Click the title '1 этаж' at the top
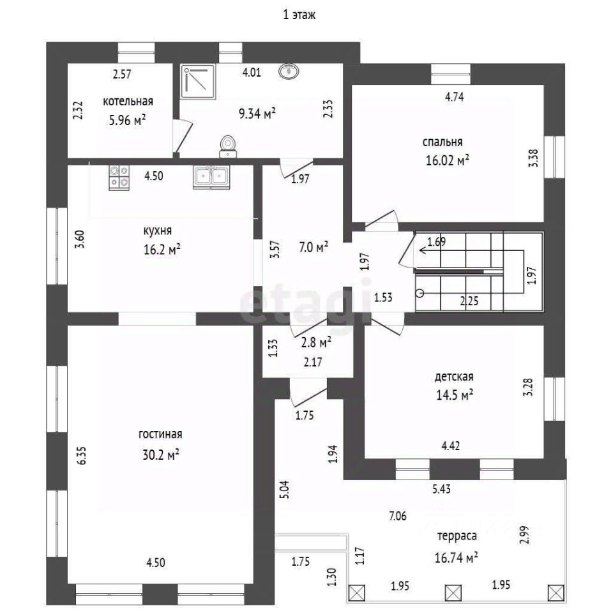pyautogui.click(x=299, y=16)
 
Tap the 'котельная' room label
pyautogui.click(x=128, y=101)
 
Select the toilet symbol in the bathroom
pyautogui.click(x=227, y=146)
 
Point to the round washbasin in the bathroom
pyautogui.click(x=289, y=72)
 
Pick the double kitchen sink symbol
pyautogui.click(x=211, y=177)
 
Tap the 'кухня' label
pyautogui.click(x=157, y=231)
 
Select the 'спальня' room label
pyautogui.click(x=442, y=142)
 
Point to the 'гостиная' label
pyautogui.click(x=160, y=434)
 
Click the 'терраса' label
pyautogui.click(x=455, y=536)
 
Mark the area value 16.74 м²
pyautogui.click(x=456, y=558)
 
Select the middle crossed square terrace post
pyautogui.click(x=454, y=593)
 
